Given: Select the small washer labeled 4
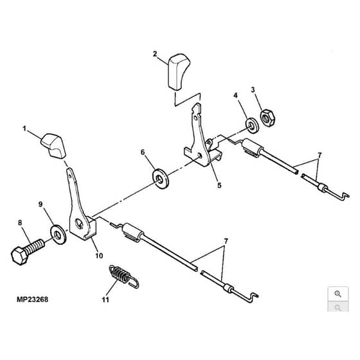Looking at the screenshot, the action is (252, 125).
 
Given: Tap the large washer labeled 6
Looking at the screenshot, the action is (161, 179).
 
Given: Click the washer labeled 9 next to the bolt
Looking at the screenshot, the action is (58, 235).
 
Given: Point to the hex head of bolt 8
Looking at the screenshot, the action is (20, 256).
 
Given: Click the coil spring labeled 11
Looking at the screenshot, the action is (123, 276).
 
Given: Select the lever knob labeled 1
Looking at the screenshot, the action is (53, 145).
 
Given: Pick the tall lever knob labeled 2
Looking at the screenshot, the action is (179, 71).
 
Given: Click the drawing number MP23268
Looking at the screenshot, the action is (32, 300).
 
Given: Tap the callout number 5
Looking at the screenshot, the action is (219, 185).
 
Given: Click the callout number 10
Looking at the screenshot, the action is (99, 256).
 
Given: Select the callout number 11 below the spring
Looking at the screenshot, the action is (105, 300).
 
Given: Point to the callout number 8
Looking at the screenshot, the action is (20, 222).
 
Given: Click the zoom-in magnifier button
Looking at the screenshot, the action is (338, 294).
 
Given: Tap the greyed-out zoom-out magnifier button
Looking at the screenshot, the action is (338, 307).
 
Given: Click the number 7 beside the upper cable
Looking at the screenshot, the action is (319, 156).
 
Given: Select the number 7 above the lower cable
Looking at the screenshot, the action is (226, 241).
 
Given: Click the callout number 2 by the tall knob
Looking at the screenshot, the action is (155, 54).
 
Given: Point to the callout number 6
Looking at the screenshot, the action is (143, 152).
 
